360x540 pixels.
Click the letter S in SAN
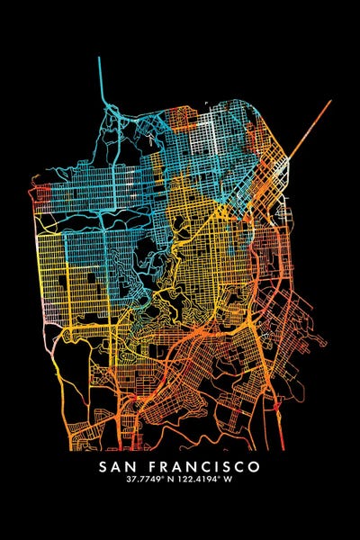[x=104, y=467]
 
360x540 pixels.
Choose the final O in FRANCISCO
[x=255, y=467]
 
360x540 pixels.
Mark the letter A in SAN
[x=120, y=467]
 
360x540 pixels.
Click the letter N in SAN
[x=135, y=467]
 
